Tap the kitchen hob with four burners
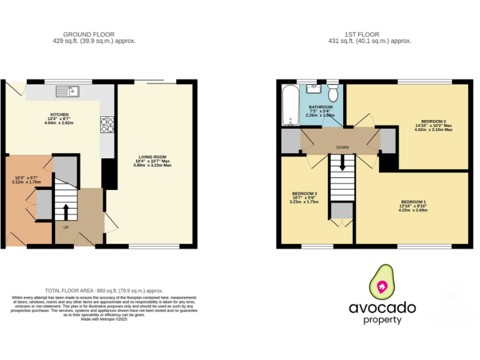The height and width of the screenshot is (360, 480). click(106, 125)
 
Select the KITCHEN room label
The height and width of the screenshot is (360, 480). click(59, 115)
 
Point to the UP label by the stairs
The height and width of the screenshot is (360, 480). click(66, 227)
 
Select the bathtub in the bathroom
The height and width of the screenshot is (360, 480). click(289, 105)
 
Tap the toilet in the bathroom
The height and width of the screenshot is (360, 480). click(332, 94)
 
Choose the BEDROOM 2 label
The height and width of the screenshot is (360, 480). click(433, 121)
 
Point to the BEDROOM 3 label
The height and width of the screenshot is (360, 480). click(304, 194)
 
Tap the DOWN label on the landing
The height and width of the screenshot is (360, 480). click(342, 148)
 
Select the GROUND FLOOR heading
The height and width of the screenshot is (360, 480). click(94, 34)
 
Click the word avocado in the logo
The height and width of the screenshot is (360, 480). click(382, 307)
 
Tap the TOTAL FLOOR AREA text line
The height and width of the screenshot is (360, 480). click(104, 291)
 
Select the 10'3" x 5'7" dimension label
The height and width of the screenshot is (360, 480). click(27, 178)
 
